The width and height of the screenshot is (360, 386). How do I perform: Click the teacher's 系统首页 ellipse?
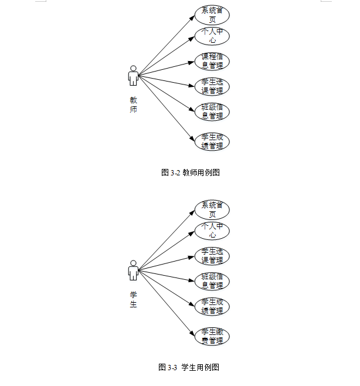tap(212, 15)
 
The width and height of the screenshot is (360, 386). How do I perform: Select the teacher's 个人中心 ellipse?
tap(212, 36)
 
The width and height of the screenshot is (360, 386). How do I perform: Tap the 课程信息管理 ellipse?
tap(212, 61)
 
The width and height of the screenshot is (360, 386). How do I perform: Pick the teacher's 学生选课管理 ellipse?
tap(212, 86)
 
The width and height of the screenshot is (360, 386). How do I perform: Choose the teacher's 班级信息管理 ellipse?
tap(212, 111)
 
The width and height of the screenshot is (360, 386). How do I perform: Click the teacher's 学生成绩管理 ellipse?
tap(212, 141)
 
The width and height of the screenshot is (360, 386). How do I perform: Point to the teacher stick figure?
tap(134, 75)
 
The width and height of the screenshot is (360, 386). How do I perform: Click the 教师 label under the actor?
tap(134, 105)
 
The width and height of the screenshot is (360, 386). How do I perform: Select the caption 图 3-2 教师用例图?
tap(190, 172)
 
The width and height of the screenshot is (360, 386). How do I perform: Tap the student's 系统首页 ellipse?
tap(212, 209)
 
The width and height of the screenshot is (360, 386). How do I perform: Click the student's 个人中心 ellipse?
tap(212, 231)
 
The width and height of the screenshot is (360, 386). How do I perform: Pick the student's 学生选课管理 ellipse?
tap(212, 256)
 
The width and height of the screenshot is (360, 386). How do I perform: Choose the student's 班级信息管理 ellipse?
tap(212, 281)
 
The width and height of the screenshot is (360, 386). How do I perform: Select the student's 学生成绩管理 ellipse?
tap(212, 306)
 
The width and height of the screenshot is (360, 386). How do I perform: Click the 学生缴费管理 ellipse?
tap(212, 337)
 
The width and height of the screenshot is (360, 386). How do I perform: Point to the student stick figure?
tap(134, 270)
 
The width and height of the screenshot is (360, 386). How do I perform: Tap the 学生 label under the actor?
tap(134, 300)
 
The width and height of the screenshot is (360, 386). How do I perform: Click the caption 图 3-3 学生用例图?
tap(189, 367)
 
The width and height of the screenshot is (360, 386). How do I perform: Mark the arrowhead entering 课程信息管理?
tap(192, 61)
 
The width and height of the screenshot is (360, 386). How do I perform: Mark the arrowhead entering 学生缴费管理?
tap(192, 335)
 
